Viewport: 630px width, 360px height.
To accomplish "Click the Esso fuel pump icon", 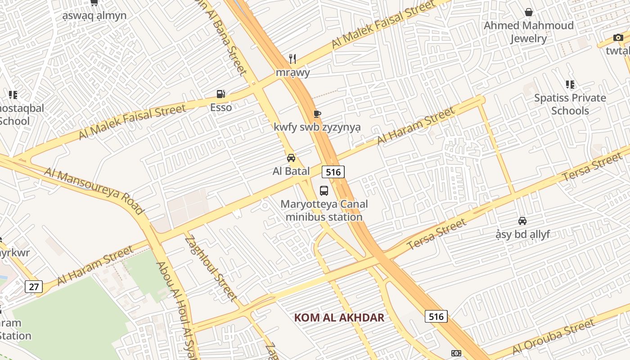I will pos(220,94).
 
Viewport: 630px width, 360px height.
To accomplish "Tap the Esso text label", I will pos(221,107).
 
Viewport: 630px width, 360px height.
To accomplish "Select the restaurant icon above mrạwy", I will pos(292,58).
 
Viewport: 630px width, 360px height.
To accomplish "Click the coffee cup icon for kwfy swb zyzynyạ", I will pos(317,114).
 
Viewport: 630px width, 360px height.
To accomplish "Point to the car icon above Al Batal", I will pos(291,158).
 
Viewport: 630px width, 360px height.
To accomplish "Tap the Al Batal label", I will pos(291,171).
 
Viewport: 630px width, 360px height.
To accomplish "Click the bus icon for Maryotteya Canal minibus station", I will pos(324,190).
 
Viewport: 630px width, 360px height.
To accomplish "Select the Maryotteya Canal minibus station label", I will pos(324,210).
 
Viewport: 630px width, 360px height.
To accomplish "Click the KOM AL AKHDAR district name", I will pos(339,318).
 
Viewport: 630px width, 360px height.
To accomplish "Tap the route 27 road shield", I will pos(34,287).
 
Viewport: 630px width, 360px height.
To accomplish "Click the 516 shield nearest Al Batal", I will pos(333,171).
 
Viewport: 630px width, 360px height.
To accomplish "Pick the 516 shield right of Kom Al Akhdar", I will pos(436,316).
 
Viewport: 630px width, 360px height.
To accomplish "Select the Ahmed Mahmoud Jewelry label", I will pos(528,32).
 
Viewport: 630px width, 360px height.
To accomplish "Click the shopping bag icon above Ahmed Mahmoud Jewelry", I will pos(528,12).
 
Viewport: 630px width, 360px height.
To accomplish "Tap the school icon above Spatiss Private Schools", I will pos(570,85).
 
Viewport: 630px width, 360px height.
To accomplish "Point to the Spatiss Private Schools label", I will pos(570,104).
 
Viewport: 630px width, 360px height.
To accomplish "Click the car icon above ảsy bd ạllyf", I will pos(522,221).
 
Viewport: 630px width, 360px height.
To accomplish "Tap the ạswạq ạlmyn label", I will pos(94,15).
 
